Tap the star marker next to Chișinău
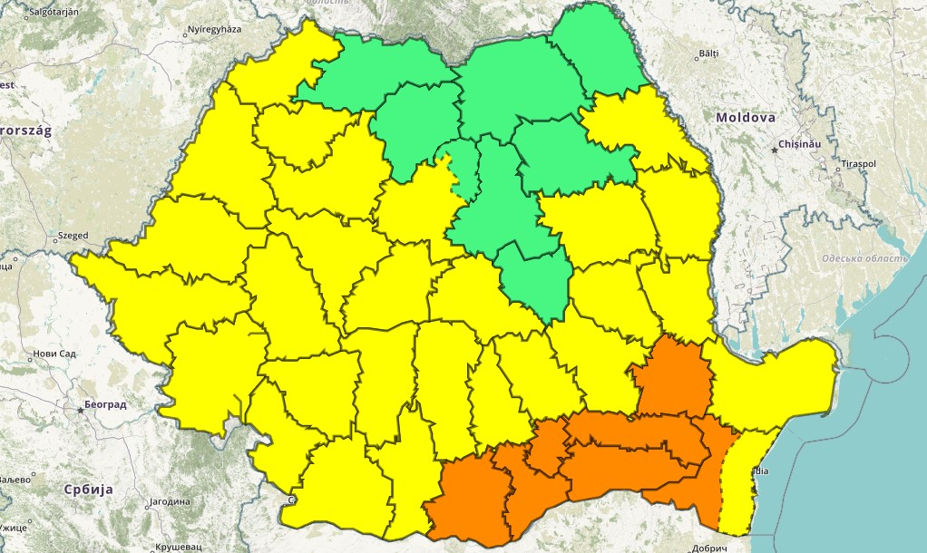(x=776, y=147)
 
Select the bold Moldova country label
(x=745, y=118)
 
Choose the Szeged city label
(x=73, y=236)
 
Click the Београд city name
(x=107, y=404)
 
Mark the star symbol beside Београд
(x=81, y=411)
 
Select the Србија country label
(x=88, y=489)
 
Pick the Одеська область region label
(x=864, y=259)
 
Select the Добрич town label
(x=708, y=548)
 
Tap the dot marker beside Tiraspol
(x=835, y=169)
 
